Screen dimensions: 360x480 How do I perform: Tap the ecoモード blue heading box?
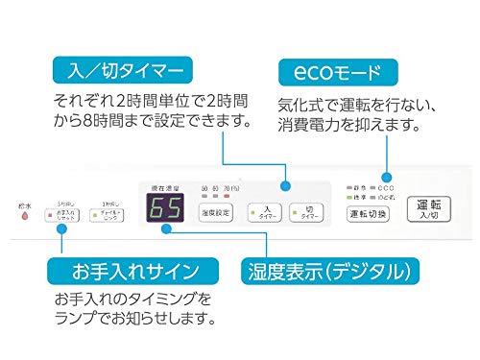(x=337, y=70)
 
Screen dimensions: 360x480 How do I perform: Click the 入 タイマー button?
(x=265, y=211)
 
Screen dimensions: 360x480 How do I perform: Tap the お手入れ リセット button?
(x=63, y=213)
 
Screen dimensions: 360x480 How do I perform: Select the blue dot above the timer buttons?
(x=284, y=186)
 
